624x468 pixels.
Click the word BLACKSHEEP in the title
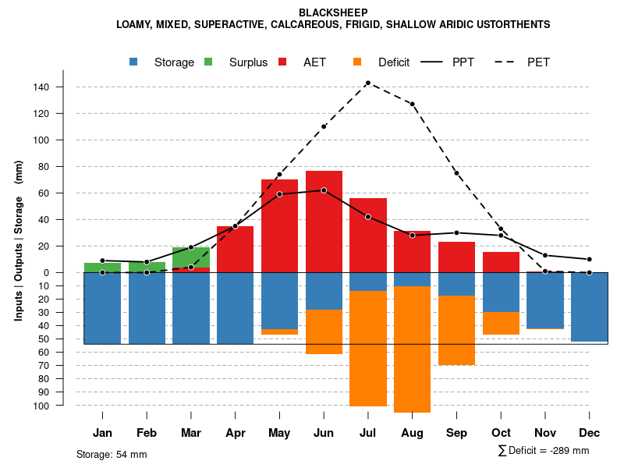[333, 12]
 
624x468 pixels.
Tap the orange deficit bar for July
[368, 349]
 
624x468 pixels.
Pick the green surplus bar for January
[102, 268]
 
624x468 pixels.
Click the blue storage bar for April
[235, 308]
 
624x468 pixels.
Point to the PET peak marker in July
[368, 83]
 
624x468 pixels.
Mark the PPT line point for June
[324, 190]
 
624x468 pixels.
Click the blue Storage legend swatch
[134, 62]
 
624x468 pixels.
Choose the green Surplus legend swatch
[209, 62]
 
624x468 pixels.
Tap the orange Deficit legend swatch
[357, 62]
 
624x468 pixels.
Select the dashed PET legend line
[511, 62]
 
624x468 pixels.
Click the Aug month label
[412, 433]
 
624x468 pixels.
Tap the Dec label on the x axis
[590, 433]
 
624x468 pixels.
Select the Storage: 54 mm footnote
[112, 454]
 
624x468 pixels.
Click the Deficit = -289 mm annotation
[544, 450]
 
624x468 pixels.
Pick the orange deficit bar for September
[456, 330]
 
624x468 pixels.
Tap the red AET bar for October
[501, 262]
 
